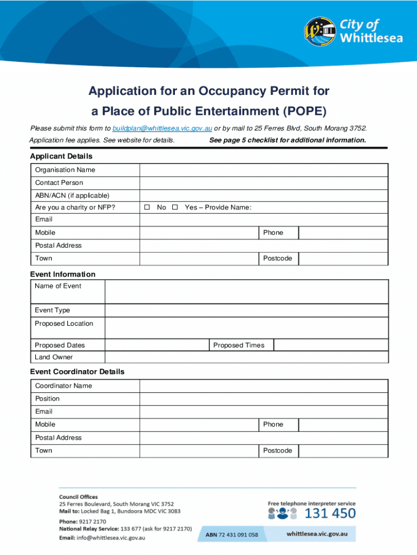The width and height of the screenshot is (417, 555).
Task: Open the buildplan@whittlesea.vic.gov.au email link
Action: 162,128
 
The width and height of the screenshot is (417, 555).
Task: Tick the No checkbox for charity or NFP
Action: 147,208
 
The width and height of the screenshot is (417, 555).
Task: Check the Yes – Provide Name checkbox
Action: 175,208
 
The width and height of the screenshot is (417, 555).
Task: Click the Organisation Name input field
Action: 264,170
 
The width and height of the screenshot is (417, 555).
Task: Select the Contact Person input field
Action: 264,183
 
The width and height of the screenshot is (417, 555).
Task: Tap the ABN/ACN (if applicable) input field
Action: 264,196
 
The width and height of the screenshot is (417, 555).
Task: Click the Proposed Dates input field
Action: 157,345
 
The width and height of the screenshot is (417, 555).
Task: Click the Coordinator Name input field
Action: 264,386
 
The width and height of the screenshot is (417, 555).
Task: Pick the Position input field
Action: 264,399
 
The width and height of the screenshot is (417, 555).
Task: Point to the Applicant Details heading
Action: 61,156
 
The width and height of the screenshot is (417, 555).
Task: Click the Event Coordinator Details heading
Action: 77,372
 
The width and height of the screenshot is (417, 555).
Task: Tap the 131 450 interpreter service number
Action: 330,513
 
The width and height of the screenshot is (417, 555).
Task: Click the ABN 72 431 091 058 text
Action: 232,535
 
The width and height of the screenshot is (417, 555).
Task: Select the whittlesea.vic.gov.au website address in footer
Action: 321,534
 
